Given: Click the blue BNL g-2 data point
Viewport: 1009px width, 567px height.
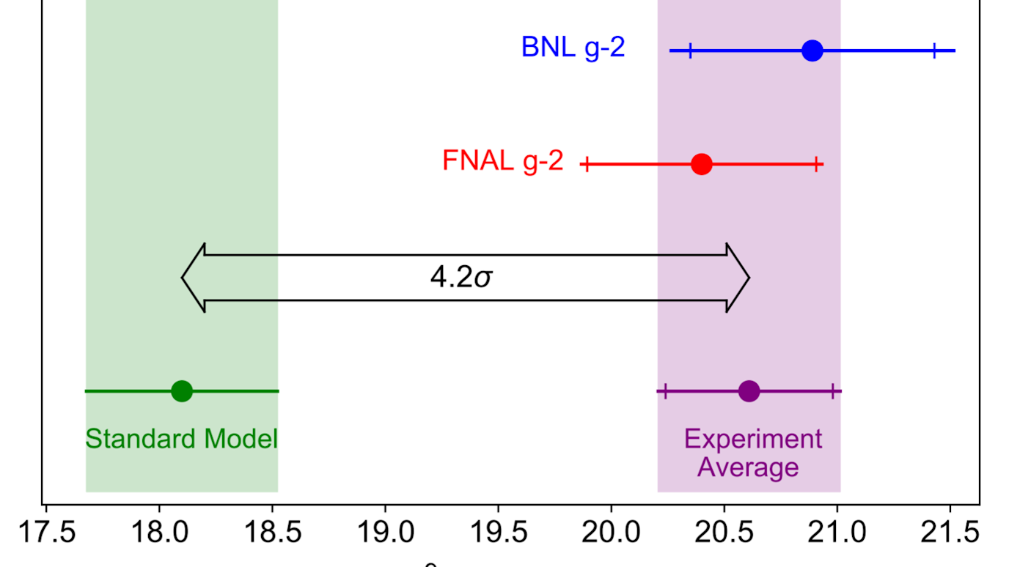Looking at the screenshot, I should click(x=812, y=51).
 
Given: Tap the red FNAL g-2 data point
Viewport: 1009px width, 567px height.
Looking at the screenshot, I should click(x=702, y=164).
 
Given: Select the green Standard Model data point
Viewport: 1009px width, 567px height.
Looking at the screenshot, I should click(x=182, y=391).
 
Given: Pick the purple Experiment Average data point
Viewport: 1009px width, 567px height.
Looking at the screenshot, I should click(x=749, y=391).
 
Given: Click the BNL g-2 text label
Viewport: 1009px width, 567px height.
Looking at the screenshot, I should click(x=573, y=48).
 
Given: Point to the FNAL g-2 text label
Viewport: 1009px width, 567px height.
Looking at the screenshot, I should click(x=502, y=161).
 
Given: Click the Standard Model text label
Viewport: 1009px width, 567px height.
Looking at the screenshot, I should click(x=182, y=440).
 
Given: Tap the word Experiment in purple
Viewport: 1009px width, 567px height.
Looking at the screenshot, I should click(x=753, y=440).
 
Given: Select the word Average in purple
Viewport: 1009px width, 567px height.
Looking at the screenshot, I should click(x=748, y=467).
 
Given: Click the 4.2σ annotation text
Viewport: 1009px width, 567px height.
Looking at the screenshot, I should click(x=461, y=278).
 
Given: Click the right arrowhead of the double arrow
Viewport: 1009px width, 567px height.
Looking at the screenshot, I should click(x=738, y=278).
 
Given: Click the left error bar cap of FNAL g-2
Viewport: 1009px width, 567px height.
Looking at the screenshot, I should click(x=586, y=164).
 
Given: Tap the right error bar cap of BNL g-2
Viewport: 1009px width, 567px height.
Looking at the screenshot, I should click(x=934, y=51).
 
